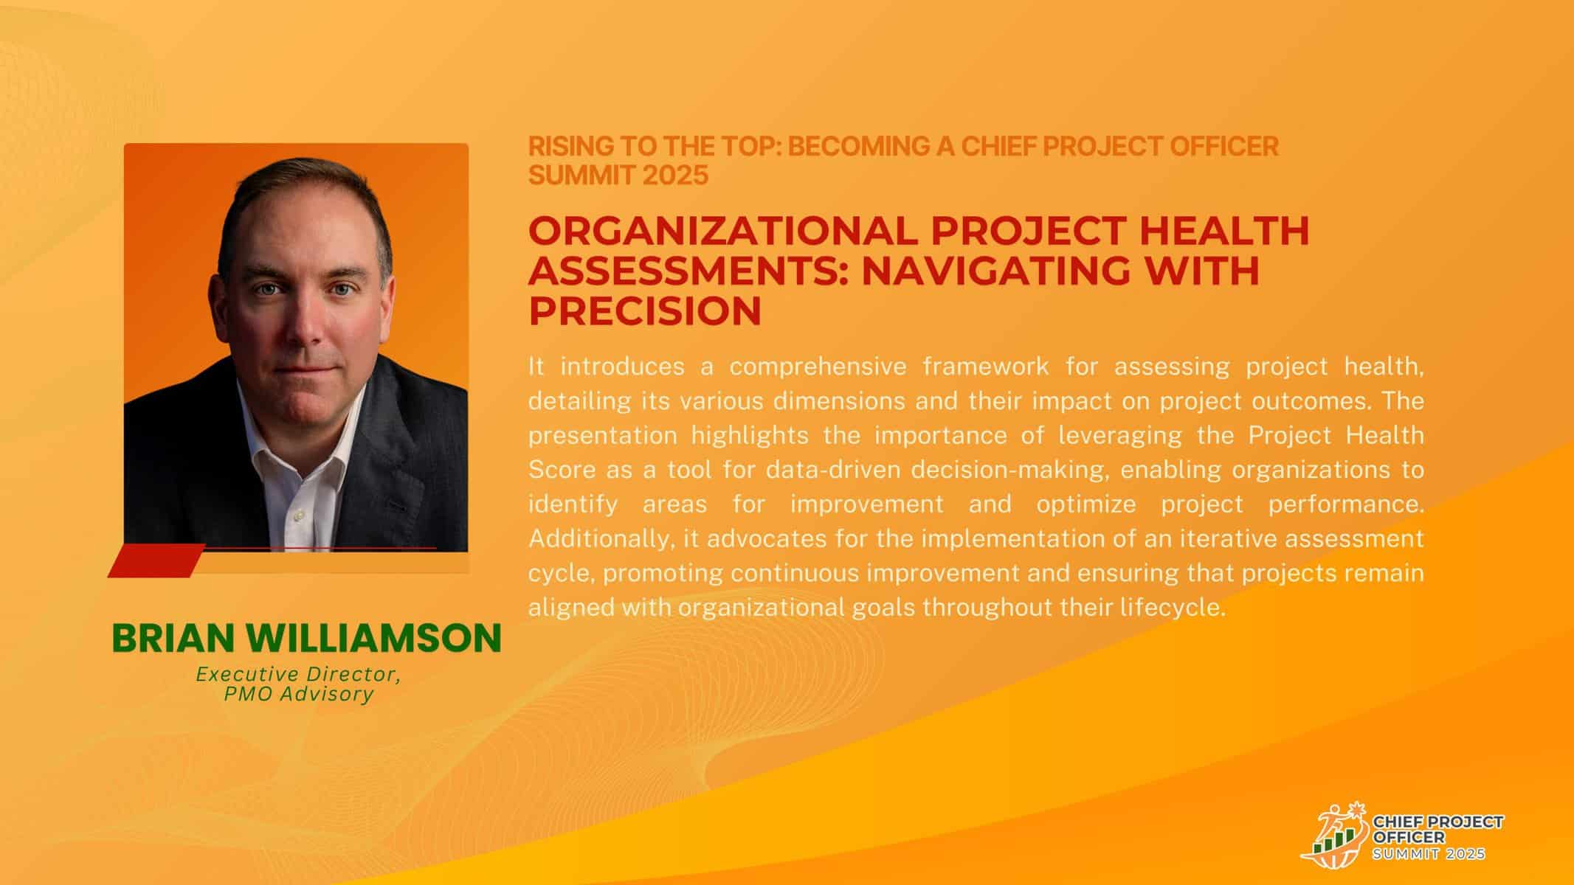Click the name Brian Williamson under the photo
[x=306, y=638]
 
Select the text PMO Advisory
[x=299, y=694]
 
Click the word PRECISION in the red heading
[x=645, y=310]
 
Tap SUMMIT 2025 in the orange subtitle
[x=618, y=176]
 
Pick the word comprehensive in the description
[x=817, y=367]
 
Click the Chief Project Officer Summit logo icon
[x=1334, y=836]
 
